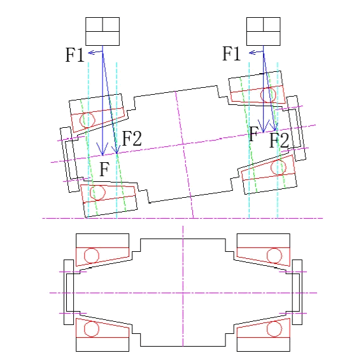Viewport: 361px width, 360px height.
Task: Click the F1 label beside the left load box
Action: tap(75, 55)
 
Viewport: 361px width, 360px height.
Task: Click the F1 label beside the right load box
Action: tap(231, 53)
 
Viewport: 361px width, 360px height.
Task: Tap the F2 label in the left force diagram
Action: tap(132, 138)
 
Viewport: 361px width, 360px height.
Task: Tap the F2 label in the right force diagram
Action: tap(279, 141)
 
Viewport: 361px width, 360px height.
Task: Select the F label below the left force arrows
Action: tap(104, 169)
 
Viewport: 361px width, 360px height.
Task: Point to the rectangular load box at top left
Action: tap(103, 31)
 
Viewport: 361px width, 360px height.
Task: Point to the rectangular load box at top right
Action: tap(264, 31)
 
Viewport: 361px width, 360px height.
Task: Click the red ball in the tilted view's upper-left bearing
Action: tap(87, 120)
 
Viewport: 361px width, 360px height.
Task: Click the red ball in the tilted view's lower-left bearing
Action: tap(97, 193)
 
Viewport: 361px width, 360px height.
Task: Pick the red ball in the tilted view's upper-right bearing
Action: tap(268, 95)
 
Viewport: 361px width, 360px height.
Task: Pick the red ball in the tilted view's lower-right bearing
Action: tap(279, 167)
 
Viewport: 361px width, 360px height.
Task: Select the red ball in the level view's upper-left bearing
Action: tap(92, 256)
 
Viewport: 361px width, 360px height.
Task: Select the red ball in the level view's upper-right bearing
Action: tap(274, 256)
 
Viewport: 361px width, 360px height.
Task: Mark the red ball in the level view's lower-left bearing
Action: tap(92, 329)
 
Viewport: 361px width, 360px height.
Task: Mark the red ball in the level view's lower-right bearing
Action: tap(274, 329)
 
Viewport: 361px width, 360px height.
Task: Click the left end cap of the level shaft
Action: tap(69, 292)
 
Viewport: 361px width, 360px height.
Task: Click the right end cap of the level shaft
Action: tap(297, 292)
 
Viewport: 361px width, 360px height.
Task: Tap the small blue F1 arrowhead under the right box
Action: tap(251, 53)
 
